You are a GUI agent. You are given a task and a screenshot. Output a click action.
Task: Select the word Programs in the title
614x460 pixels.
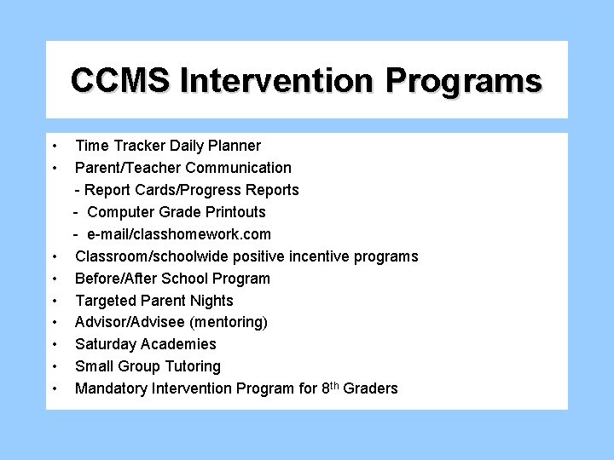coord(464,80)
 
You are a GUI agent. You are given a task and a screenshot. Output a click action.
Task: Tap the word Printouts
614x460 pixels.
coord(233,212)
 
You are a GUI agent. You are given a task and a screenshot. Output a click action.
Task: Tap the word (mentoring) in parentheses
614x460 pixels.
coord(228,322)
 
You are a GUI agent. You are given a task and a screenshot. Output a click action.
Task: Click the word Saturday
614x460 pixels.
coord(107,344)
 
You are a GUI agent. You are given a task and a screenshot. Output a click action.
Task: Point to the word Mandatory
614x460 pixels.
coord(110,388)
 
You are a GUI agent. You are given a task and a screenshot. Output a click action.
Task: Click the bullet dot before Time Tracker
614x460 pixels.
coord(53,147)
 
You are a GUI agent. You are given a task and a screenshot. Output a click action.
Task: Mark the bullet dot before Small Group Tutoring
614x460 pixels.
coord(53,367)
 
